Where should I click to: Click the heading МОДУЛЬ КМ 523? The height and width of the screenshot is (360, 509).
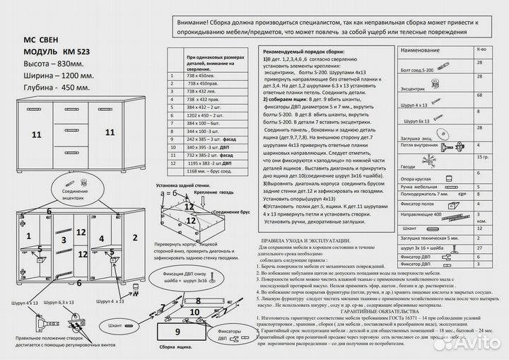pyautogui.click(x=56, y=53)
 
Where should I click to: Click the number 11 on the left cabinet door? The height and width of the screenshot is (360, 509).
pyautogui.click(x=36, y=133)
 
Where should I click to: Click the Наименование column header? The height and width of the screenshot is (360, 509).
pyautogui.click(x=424, y=51)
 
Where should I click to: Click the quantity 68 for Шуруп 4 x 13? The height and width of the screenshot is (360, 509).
pyautogui.click(x=480, y=94)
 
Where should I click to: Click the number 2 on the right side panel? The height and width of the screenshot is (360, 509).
pyautogui.click(x=135, y=237)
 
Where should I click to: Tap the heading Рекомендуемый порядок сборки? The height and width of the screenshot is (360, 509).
pyautogui.click(x=304, y=53)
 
